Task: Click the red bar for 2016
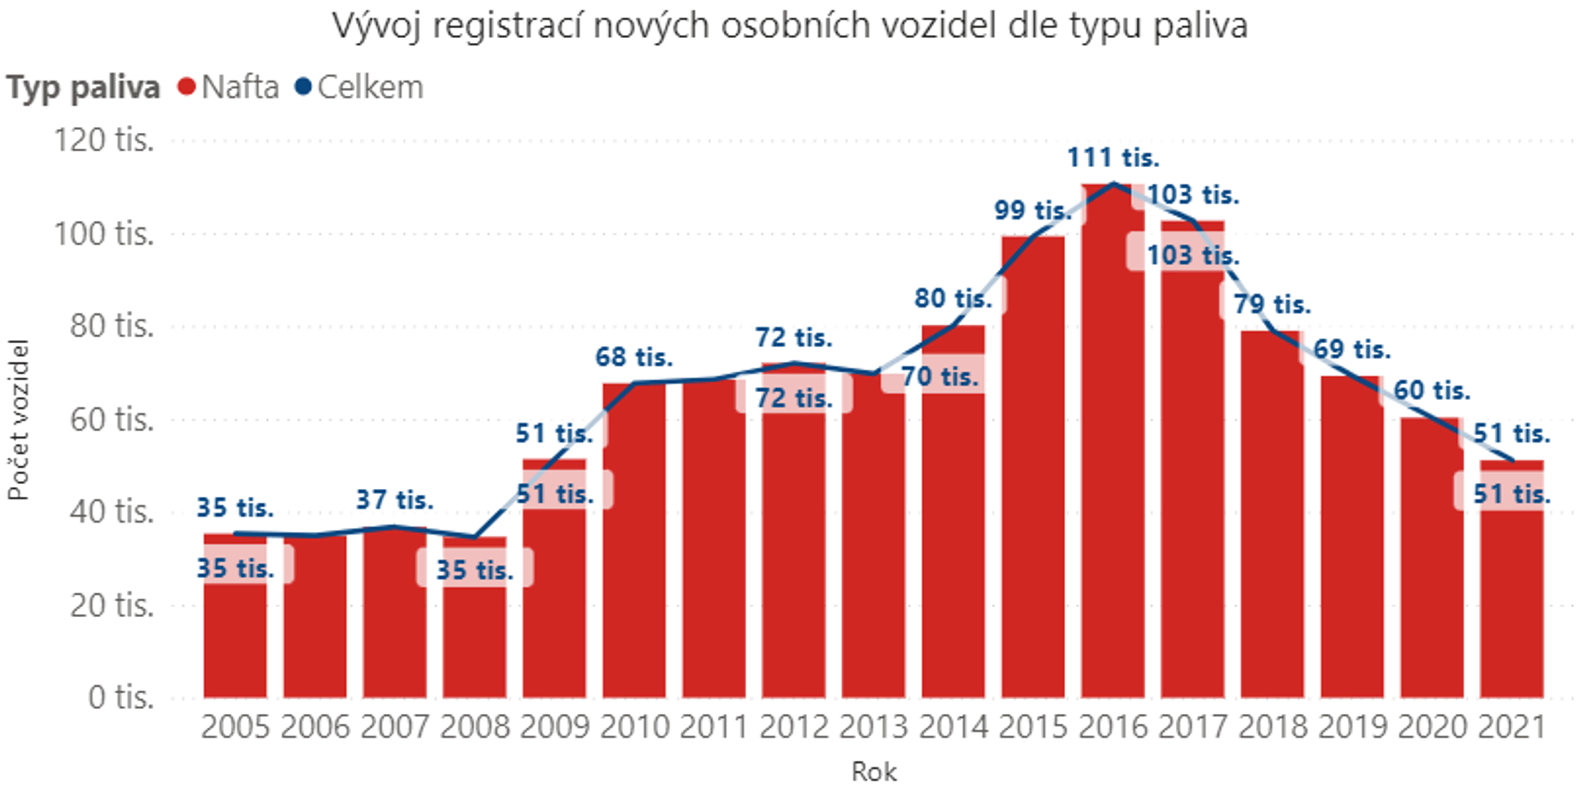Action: [1113, 460]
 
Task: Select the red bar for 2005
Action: [235, 631]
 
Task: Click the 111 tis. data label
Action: [1113, 158]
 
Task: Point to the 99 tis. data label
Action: [1032, 210]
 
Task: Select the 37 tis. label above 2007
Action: [395, 501]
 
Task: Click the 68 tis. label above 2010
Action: [634, 357]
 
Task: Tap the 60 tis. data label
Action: [1432, 391]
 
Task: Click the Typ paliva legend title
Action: [83, 88]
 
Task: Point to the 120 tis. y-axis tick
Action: [104, 140]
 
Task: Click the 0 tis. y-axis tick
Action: [121, 697]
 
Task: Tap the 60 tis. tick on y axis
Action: [112, 419]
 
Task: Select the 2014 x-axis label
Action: [953, 728]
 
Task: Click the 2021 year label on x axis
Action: [1511, 728]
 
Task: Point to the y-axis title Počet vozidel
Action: [18, 420]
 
